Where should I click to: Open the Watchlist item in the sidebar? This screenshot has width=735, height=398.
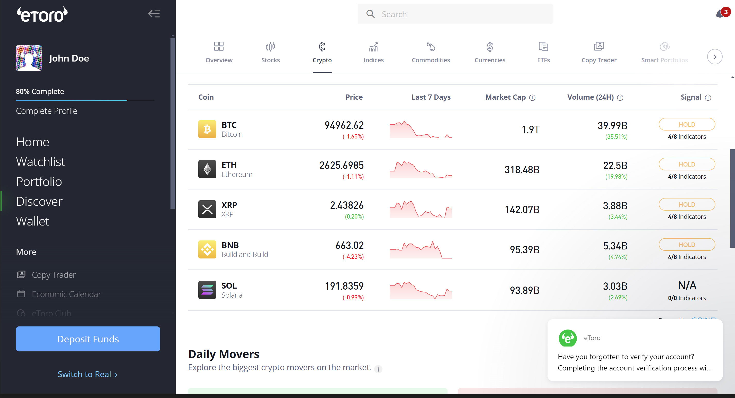[x=40, y=161]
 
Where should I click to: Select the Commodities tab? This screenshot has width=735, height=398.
[x=431, y=53]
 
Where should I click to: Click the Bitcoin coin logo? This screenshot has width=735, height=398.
[x=207, y=129]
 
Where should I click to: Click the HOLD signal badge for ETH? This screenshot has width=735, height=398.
[x=687, y=164]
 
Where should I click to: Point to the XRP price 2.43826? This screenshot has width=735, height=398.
[x=347, y=205]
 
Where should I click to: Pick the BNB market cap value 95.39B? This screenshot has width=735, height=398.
[x=524, y=250]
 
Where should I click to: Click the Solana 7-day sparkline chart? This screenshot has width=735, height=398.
[x=421, y=290]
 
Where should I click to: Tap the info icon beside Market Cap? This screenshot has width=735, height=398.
[x=532, y=98]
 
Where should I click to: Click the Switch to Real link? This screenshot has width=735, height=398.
[x=87, y=374]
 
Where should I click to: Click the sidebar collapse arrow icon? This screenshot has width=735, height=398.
[x=154, y=14]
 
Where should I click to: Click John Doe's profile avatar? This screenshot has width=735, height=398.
[x=29, y=58]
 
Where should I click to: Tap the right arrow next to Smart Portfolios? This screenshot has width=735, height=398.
[x=714, y=57]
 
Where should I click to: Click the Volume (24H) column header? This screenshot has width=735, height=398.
[x=590, y=97]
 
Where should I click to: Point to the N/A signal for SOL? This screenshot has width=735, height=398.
[x=687, y=285]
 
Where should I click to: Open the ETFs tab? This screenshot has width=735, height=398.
[x=543, y=53]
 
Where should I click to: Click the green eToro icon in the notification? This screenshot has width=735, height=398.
[x=567, y=338]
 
